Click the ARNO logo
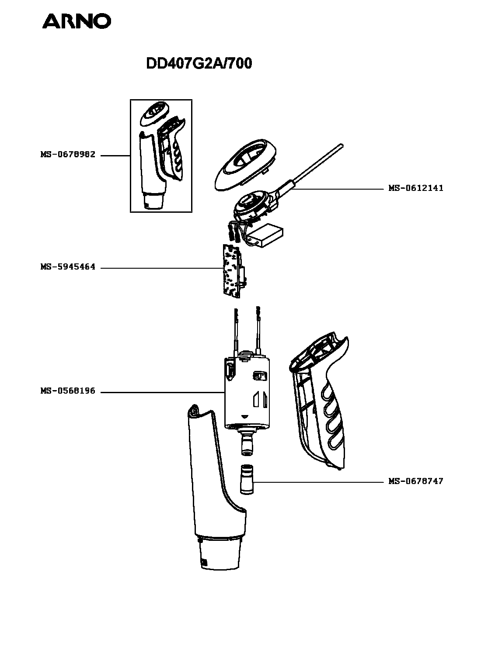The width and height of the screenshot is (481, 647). (77, 21)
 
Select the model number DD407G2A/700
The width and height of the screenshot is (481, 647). (199, 64)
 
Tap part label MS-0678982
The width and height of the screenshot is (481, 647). (68, 155)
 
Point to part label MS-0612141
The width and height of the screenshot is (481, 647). (416, 188)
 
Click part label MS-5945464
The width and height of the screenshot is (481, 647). (68, 267)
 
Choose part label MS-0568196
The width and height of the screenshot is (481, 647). (68, 391)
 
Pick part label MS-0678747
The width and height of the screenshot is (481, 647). (416, 481)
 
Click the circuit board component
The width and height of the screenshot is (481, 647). (232, 272)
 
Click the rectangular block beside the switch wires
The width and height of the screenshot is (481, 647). (264, 236)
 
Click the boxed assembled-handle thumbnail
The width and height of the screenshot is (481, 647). (161, 156)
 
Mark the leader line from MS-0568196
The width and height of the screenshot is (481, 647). (162, 392)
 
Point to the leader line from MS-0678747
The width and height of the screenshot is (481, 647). (319, 482)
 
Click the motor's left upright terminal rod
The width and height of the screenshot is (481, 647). (237, 332)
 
